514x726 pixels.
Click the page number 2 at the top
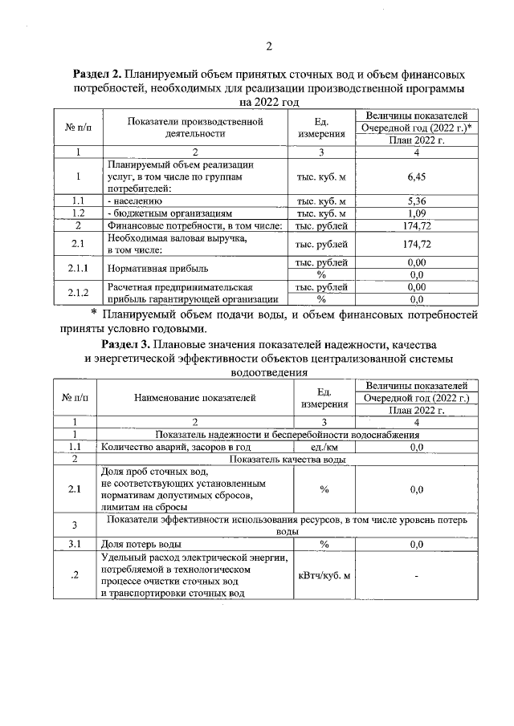(x=269, y=46)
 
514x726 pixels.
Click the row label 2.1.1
(x=78, y=269)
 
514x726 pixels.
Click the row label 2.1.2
(x=78, y=293)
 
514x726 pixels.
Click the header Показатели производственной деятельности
(x=195, y=128)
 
